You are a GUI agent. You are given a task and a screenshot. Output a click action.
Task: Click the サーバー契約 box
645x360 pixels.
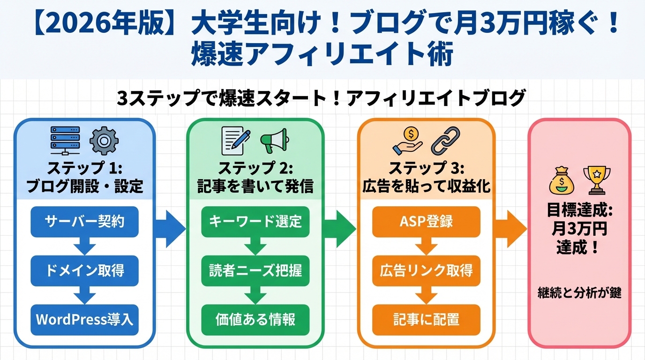click(84, 221)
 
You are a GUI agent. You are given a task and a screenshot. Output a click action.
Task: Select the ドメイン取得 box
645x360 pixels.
click(84, 270)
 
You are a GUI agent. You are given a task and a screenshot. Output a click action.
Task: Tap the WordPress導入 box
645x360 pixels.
click(84, 320)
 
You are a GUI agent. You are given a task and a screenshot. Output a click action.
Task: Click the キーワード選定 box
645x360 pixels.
click(255, 221)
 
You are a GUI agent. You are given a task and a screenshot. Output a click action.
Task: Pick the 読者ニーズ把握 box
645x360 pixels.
click(255, 270)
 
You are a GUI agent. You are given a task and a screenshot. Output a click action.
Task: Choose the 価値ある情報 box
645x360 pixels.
click(255, 320)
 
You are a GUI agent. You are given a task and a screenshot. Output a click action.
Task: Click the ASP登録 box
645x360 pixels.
click(427, 221)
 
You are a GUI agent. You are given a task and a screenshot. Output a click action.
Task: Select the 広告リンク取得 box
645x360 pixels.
click(427, 270)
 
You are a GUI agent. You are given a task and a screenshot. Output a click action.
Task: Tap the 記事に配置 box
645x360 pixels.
click(427, 320)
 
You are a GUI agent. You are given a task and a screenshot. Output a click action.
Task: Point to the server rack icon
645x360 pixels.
click(65, 141)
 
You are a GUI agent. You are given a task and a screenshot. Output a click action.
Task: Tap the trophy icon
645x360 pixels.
click(597, 180)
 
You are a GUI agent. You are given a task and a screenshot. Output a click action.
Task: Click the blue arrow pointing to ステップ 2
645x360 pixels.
click(170, 229)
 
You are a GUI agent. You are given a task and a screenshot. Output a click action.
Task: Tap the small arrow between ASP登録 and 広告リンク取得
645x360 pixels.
click(427, 246)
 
